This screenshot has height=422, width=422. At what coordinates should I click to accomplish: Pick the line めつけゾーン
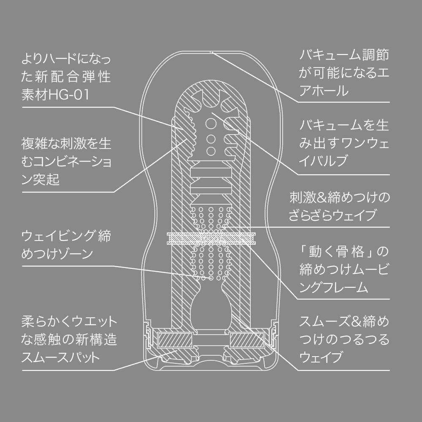57,254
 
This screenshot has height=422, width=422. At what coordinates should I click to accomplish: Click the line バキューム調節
344,54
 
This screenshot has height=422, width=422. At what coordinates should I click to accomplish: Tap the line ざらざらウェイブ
338,216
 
